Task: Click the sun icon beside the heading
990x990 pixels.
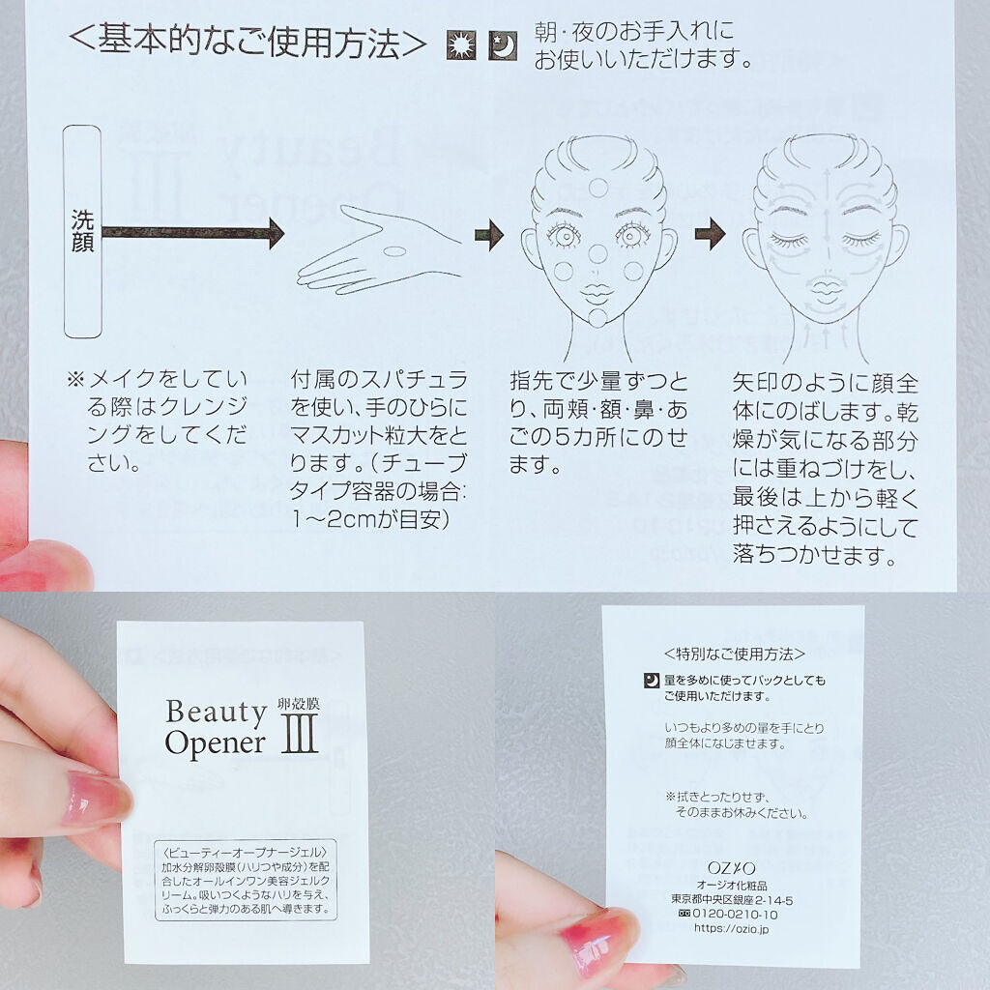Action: pyautogui.click(x=461, y=45)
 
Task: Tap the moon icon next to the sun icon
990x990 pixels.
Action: pyautogui.click(x=503, y=45)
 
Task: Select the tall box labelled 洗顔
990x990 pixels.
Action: pyautogui.click(x=83, y=231)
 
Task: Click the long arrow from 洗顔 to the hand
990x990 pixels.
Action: pyautogui.click(x=193, y=233)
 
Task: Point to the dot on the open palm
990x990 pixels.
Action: pyautogui.click(x=395, y=250)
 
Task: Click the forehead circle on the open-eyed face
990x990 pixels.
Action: pyautogui.click(x=597, y=188)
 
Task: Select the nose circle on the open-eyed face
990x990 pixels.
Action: pyautogui.click(x=597, y=252)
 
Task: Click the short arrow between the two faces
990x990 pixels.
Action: pyautogui.click(x=711, y=234)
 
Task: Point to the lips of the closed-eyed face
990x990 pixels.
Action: pyautogui.click(x=824, y=292)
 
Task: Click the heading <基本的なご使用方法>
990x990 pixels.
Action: pyautogui.click(x=247, y=43)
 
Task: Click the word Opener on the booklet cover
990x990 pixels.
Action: pyautogui.click(x=215, y=743)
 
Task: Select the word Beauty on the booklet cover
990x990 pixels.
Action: pyautogui.click(x=216, y=713)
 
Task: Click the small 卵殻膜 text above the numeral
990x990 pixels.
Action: pyautogui.click(x=299, y=704)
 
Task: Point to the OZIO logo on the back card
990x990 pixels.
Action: pyautogui.click(x=731, y=868)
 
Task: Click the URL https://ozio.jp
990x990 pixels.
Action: pyautogui.click(x=731, y=928)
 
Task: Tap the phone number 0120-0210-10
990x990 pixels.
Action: pyautogui.click(x=735, y=914)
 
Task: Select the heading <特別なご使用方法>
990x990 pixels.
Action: pyautogui.click(x=735, y=655)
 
